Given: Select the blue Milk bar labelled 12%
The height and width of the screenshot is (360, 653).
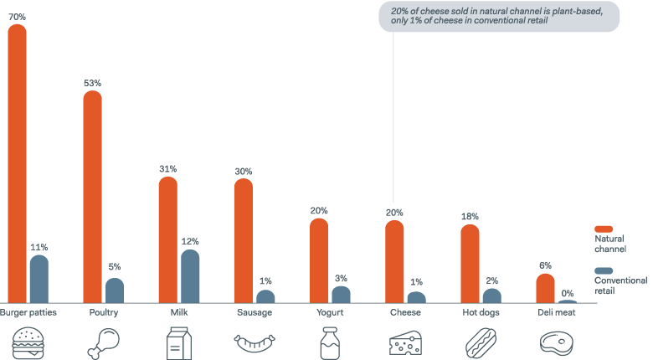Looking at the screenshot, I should [x=190, y=276].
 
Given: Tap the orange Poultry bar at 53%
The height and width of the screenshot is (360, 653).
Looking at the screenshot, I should [x=93, y=197].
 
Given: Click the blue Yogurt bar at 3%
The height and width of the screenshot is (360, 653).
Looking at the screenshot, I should [x=341, y=295].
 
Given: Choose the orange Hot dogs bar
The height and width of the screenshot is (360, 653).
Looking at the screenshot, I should [x=470, y=264].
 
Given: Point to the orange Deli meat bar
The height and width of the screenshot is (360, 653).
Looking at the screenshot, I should [x=545, y=288].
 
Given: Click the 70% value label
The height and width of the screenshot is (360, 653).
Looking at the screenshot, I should [x=18, y=16].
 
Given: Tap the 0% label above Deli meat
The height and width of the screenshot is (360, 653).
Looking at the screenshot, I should [x=568, y=293].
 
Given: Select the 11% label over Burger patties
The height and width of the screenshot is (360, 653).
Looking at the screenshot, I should [x=39, y=247].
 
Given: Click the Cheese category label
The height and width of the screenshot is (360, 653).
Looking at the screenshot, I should [x=406, y=313].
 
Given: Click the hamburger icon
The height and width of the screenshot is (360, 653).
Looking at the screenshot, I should [x=28, y=342].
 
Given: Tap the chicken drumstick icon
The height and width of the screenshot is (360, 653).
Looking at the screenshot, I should [x=104, y=342].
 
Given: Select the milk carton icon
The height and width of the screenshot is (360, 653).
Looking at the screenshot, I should [x=179, y=342].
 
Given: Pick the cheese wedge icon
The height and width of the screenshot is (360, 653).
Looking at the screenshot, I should [x=406, y=342].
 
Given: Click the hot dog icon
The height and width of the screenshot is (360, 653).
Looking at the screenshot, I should [x=481, y=342].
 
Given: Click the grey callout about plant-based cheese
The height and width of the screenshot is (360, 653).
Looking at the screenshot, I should [x=499, y=17].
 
